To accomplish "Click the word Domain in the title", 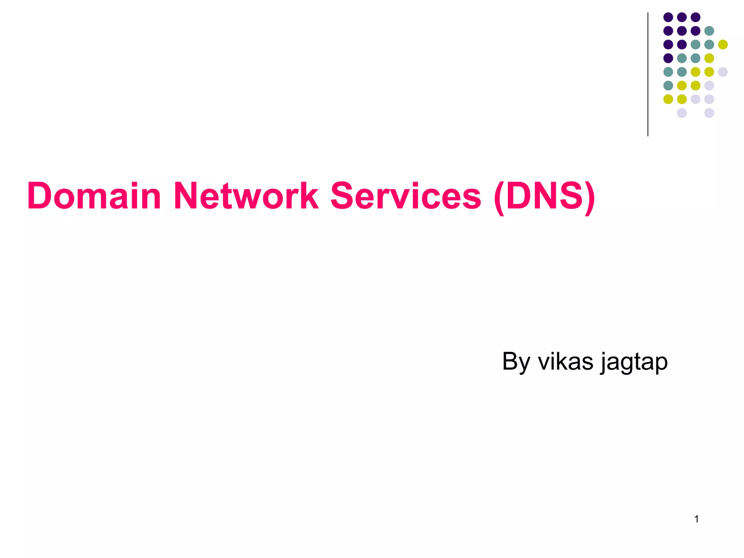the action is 94,196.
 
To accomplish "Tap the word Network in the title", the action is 246,196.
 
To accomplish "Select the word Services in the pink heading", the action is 406,196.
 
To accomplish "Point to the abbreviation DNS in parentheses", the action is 544,196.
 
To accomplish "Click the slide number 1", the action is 696,519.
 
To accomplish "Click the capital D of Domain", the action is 40,196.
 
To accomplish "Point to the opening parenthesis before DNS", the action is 499,198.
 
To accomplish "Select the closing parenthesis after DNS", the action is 590,198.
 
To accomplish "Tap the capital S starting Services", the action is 343,196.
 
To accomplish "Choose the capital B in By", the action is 511,361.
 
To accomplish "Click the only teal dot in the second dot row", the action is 709,31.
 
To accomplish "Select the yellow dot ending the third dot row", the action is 723,44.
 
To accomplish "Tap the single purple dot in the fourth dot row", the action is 668,58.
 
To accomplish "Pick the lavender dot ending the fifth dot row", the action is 723,72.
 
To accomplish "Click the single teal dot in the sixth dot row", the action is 668,85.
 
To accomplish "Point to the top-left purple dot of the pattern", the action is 668,17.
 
